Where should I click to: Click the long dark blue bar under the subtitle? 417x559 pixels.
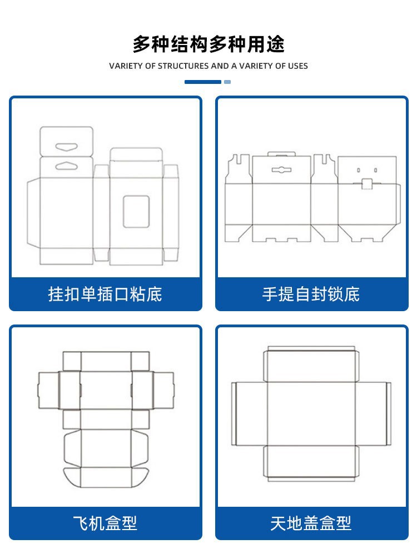203,82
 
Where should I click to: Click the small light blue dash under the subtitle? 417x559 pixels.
227,82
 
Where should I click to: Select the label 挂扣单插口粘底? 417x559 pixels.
105,294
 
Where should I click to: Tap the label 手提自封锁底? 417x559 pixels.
311,294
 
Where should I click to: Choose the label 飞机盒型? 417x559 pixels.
105,523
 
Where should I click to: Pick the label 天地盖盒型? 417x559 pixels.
311,523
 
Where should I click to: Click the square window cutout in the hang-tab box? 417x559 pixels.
136,211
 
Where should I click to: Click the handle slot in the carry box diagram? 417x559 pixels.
282,169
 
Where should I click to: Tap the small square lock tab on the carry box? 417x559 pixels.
366,184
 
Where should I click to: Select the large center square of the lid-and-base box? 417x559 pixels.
311,413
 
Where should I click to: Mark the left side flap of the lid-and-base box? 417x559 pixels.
249,413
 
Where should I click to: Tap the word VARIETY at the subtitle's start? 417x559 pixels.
126,66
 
